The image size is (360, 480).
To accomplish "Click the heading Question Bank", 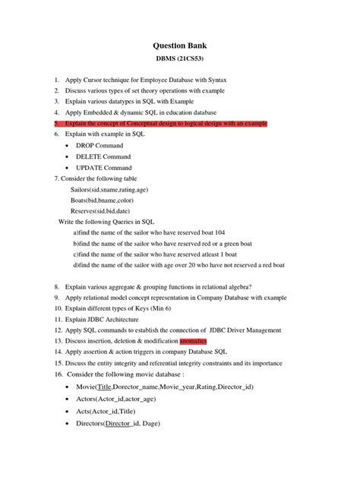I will tap(180, 46).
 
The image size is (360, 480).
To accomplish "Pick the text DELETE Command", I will tap(103, 156).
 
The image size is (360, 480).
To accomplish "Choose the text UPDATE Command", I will tap(103, 167).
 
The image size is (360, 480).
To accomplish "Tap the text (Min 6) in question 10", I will tap(161, 310).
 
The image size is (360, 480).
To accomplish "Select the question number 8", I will tap(57, 287).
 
